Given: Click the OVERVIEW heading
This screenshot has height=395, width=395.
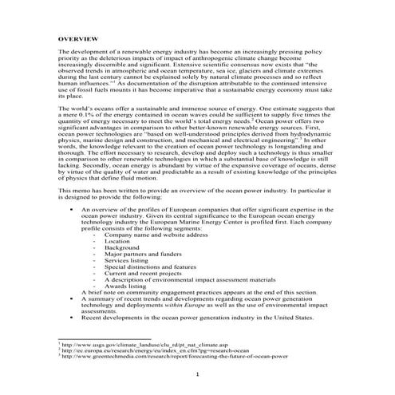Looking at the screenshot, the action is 77,38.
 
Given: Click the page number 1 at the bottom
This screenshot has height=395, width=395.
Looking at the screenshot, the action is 196,374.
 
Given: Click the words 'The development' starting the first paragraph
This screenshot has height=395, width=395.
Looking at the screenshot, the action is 82,51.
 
